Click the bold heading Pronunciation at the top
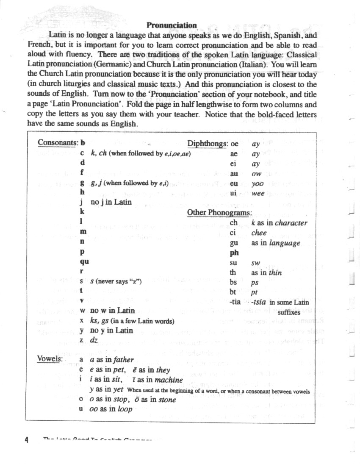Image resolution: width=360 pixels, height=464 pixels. point(172,25)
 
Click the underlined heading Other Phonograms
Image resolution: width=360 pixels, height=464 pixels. point(219,213)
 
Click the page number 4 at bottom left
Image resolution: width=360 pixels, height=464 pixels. point(26,440)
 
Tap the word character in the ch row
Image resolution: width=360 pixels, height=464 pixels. point(291,223)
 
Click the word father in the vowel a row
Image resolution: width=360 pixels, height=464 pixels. point(123,360)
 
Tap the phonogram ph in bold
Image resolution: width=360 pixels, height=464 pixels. point(234,253)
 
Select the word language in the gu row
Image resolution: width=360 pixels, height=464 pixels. point(283,243)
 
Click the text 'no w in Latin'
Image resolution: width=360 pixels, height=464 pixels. point(112,311)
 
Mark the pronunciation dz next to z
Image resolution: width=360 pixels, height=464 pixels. point(94,340)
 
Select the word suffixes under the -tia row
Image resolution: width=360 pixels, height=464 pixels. point(289,312)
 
